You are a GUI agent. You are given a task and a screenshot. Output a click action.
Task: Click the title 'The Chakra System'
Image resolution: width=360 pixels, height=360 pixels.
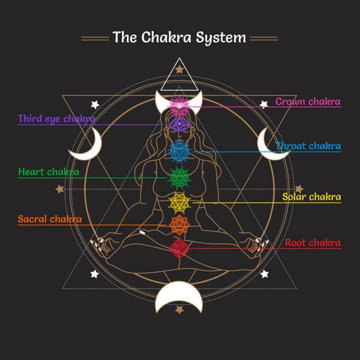point(179,38)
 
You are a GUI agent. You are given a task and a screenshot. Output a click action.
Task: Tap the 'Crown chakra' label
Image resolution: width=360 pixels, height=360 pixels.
point(308,102)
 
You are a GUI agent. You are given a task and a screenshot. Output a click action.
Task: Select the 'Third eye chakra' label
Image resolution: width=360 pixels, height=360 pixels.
point(56,119)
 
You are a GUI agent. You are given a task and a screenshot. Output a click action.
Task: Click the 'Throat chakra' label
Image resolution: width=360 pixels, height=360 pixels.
point(308,146)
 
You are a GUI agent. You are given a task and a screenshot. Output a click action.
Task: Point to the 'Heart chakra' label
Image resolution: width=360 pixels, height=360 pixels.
point(48,172)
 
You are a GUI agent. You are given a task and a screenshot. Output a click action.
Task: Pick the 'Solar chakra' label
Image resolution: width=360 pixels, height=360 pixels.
point(311,197)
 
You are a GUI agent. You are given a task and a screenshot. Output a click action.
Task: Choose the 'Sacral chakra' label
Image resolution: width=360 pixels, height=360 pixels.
point(49,219)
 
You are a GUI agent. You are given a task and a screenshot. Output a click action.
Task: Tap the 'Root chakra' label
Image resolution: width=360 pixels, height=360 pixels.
point(312,243)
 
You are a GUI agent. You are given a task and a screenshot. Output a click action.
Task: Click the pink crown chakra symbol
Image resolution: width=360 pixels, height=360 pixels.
point(179,105)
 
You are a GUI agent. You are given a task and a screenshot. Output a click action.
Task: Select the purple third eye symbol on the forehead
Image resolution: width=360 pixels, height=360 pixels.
point(179,125)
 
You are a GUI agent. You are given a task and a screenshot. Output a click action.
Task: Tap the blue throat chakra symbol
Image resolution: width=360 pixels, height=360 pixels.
point(179,151)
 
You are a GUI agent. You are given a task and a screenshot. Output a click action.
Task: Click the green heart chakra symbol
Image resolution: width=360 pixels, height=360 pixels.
point(179,178)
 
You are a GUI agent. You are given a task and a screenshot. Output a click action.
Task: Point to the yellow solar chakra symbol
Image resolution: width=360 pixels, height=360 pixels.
point(179,200)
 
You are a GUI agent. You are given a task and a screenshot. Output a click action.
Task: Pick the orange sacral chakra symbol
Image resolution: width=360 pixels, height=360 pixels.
point(179,224)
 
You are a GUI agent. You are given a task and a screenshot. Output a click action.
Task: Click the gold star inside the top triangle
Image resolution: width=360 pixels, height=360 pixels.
point(179,69)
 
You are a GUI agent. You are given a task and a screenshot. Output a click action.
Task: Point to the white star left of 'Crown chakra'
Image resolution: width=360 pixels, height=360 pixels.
point(263,104)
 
